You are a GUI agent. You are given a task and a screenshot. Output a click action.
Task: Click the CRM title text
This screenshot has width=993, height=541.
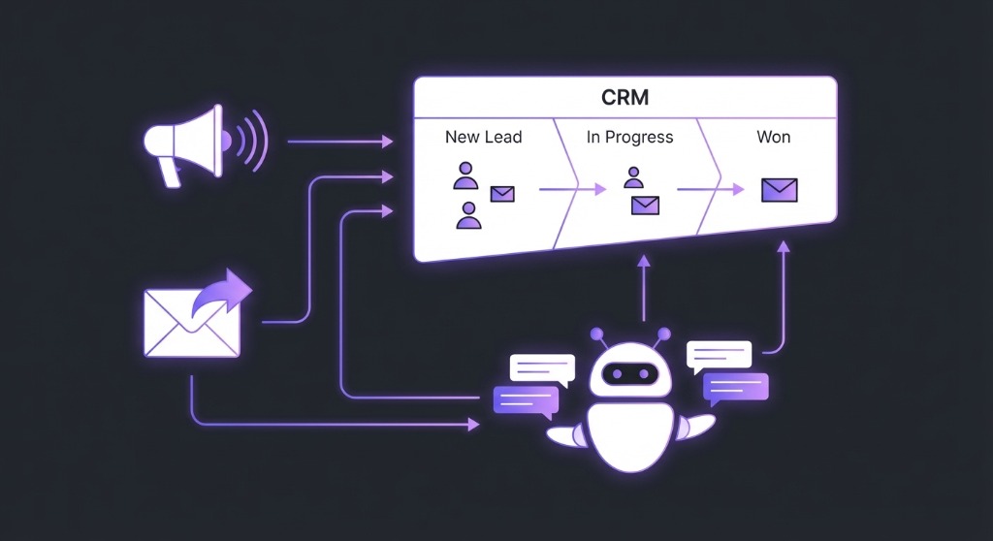point(625,98)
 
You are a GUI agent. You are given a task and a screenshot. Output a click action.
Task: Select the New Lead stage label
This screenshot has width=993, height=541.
point(483,137)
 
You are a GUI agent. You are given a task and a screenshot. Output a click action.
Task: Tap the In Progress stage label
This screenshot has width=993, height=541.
point(629,137)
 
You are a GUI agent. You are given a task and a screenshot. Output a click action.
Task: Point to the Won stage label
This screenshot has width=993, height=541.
point(773,137)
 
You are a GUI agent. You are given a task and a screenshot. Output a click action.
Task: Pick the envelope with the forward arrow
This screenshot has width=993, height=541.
point(194,314)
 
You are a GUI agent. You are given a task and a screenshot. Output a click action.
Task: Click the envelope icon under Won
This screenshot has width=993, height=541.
point(779,190)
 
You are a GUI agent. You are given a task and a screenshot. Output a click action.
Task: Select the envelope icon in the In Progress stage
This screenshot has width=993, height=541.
point(645,205)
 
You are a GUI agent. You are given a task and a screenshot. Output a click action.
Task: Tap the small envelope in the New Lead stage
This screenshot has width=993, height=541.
point(502,194)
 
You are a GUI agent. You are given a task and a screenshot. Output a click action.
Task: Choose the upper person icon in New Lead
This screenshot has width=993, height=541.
point(465,177)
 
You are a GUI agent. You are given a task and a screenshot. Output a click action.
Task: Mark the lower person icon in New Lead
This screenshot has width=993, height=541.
point(468,215)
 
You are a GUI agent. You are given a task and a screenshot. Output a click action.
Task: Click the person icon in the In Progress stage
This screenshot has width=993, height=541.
point(633,177)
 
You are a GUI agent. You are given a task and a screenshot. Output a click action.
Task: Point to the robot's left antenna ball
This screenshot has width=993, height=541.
point(597,334)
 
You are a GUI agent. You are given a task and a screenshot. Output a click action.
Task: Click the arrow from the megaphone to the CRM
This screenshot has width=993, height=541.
point(339,142)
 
